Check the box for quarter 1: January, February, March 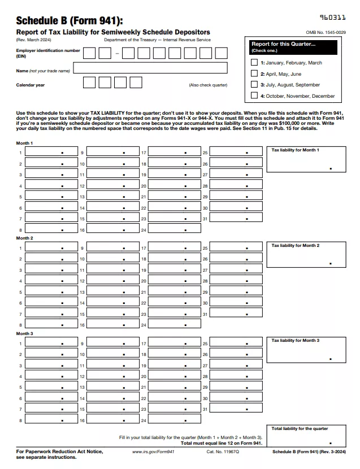click(x=254, y=63)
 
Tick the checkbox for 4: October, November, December click(x=254, y=95)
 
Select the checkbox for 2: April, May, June click(x=254, y=73)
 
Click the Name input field click(x=150, y=68)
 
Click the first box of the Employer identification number click(x=89, y=53)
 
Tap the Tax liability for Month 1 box click(x=306, y=160)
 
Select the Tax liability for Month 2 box click(x=306, y=255)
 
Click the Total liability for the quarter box click(x=306, y=436)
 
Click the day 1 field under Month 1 click(x=51, y=153)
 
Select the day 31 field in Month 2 click(x=236, y=314)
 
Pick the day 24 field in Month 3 click(x=175, y=420)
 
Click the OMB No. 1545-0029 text click(x=326, y=33)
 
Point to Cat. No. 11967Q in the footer click(x=219, y=452)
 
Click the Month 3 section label click(x=24, y=333)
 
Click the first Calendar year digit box click(x=89, y=82)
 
